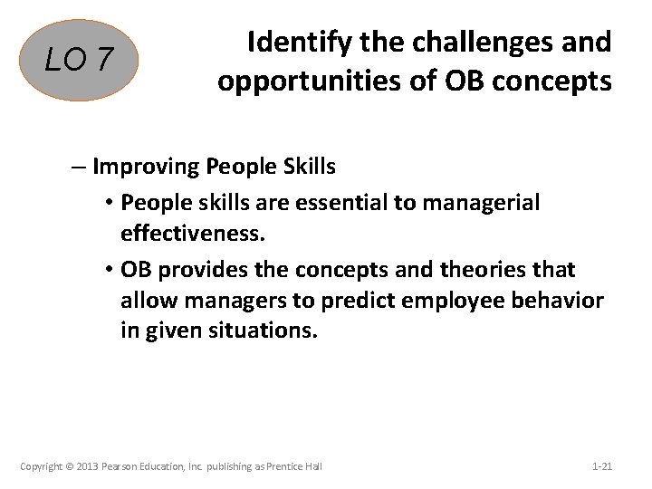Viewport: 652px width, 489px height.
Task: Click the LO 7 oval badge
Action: coord(81,61)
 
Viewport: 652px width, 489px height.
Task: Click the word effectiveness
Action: coord(193,234)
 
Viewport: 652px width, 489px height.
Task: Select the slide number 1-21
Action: coord(601,466)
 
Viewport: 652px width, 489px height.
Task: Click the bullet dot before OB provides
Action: coord(108,271)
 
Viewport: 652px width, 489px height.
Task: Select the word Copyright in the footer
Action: coord(42,466)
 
